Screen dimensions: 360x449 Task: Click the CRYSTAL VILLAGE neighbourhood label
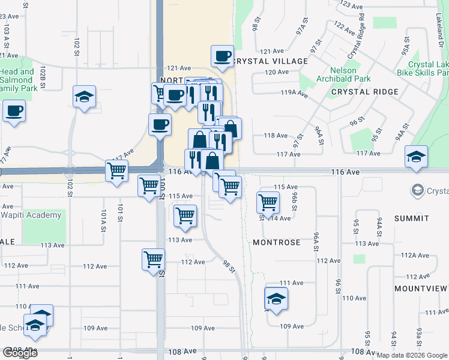pyautogui.click(x=270, y=61)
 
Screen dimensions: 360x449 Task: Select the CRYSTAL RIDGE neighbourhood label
pyautogui.click(x=364, y=92)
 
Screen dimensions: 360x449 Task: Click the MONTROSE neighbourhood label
pyautogui.click(x=276, y=242)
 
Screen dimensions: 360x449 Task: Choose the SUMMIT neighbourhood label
pyautogui.click(x=412, y=218)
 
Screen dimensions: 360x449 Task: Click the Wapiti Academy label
pyautogui.click(x=31, y=215)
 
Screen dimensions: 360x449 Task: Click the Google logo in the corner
pyautogui.click(x=20, y=353)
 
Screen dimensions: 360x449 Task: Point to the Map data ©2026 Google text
pyautogui.click(x=412, y=355)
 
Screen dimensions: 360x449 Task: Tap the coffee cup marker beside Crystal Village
pyautogui.click(x=222, y=56)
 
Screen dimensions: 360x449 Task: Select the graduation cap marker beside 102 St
pyautogui.click(x=84, y=96)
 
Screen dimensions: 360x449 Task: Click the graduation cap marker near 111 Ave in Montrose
pyautogui.click(x=276, y=298)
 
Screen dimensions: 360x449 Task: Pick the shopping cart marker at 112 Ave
pyautogui.click(x=154, y=259)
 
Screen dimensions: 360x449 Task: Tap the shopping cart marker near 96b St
pyautogui.click(x=268, y=202)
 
